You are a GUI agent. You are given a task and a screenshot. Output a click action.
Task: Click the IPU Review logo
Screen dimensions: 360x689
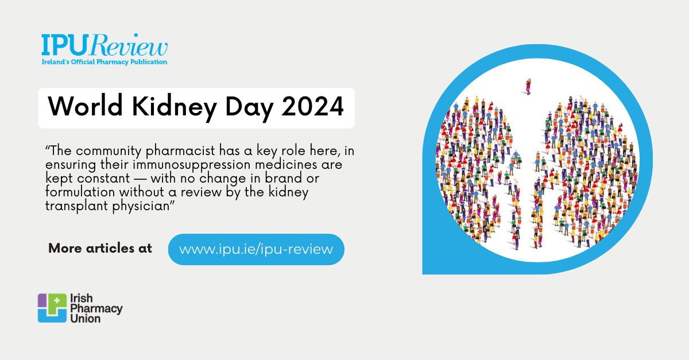point(104,45)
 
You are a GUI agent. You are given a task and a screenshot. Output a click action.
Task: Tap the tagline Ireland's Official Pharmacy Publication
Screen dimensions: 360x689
point(104,61)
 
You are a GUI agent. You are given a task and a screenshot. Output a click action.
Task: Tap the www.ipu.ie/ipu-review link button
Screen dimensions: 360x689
point(256,249)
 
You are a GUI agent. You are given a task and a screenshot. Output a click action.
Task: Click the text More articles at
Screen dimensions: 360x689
point(100,249)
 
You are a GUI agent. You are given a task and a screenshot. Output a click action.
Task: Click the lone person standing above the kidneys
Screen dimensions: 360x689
point(528,86)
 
